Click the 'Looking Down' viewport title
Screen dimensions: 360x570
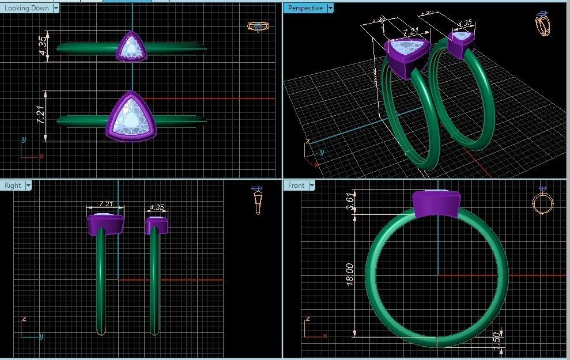27,8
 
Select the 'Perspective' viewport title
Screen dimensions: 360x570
305,8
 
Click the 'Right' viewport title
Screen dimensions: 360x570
13,185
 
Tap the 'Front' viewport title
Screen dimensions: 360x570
296,185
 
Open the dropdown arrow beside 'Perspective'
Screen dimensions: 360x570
330,8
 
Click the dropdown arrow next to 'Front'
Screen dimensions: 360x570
312,185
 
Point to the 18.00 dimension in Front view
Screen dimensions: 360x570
348,273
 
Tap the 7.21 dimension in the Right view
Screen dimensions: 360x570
105,204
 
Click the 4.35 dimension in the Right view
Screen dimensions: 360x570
156,207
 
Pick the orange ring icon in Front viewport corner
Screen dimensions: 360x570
543,202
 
